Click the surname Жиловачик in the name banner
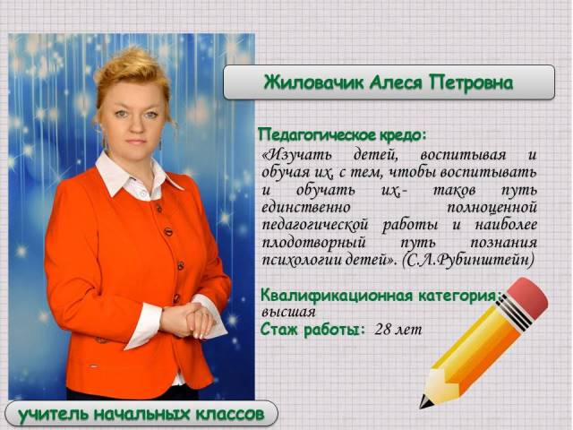tap(314, 82)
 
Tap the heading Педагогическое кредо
tap(342, 135)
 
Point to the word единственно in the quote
tap(306, 207)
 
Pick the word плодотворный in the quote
tap(314, 243)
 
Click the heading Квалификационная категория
tap(380, 296)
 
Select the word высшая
tap(288, 313)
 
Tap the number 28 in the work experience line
tap(382, 329)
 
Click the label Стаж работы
tap(312, 330)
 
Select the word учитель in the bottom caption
tap(54, 415)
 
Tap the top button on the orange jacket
tap(159, 209)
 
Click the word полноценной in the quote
tap(492, 207)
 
